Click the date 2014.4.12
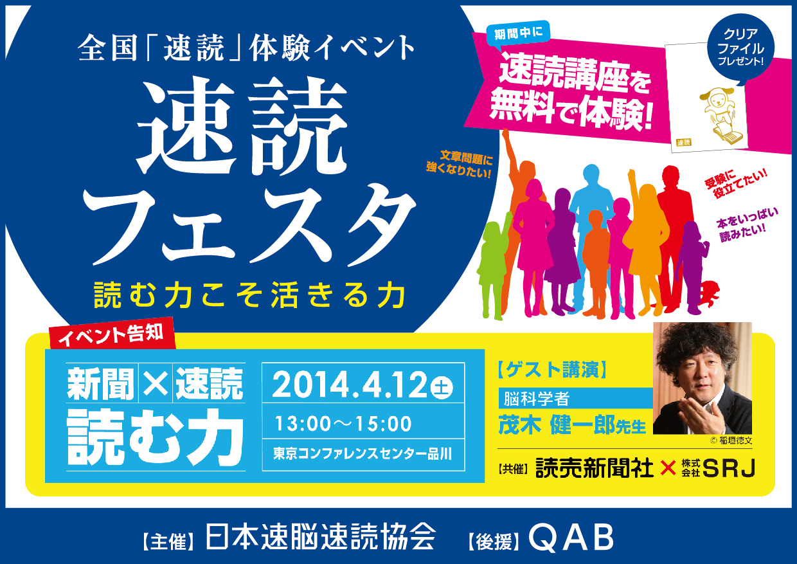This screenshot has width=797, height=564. pyautogui.click(x=350, y=385)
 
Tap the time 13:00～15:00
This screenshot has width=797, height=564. pyautogui.click(x=343, y=424)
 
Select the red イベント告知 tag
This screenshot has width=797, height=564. pyautogui.click(x=112, y=334)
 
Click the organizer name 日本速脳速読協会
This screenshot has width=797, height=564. pyautogui.click(x=320, y=537)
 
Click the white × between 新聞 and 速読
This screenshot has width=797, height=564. pyautogui.click(x=155, y=383)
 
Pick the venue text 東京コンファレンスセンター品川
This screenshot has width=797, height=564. pyautogui.click(x=363, y=454)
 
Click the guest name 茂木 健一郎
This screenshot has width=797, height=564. pyautogui.click(x=557, y=425)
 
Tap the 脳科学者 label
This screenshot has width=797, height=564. pyautogui.click(x=537, y=399)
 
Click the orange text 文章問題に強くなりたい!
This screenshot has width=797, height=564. pyautogui.click(x=459, y=165)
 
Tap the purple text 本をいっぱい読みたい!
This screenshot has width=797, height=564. pyautogui.click(x=746, y=224)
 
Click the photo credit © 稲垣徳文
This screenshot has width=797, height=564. pyautogui.click(x=731, y=441)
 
